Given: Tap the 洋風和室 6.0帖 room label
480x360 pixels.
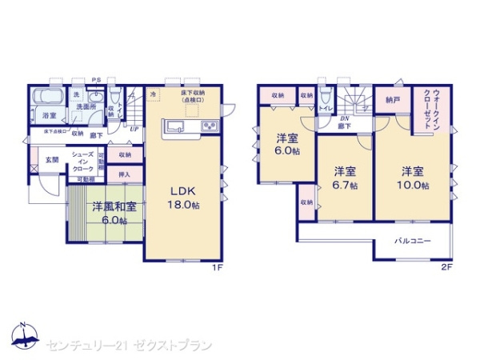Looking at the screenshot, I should tap(113, 213).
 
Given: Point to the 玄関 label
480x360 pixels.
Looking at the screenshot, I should tap(51, 158).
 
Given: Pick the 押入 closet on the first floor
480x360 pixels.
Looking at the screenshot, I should tap(124, 172).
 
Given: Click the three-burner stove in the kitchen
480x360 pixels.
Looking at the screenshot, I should tap(210, 126).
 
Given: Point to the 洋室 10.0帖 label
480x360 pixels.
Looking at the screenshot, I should tap(412, 177).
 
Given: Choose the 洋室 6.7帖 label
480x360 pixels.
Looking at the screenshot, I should tap(345, 177).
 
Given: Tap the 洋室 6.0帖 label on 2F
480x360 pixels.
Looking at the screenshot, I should tap(288, 143).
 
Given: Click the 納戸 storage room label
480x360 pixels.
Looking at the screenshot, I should tap(391, 100).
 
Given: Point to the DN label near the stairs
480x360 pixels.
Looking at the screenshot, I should tap(342, 118).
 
